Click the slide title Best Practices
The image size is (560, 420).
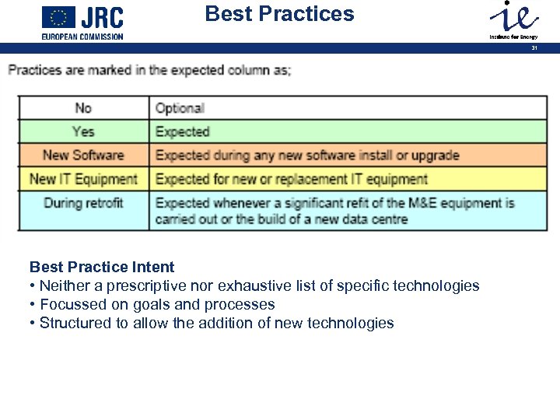pos(279,14)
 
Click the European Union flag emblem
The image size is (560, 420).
pos(58,17)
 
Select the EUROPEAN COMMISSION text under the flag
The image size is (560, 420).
pos(82,37)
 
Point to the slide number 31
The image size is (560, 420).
pos(534,48)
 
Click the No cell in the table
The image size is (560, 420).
pos(83,108)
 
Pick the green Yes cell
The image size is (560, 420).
pos(83,131)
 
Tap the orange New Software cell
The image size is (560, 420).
pos(83,155)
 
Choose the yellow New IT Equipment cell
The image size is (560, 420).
pos(83,179)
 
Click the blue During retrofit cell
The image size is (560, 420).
pos(83,203)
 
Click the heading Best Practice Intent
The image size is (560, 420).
pos(102,268)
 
